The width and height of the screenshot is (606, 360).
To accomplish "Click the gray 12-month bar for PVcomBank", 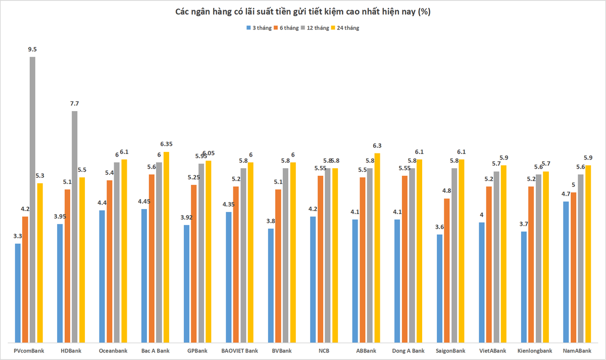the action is pyautogui.click(x=32, y=199).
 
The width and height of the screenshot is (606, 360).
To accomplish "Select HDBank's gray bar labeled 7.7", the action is pyautogui.click(x=75, y=227).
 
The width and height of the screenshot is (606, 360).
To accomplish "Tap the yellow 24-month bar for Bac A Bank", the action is pyautogui.click(x=166, y=247).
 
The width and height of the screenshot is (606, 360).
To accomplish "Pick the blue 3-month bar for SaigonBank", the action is pyautogui.click(x=439, y=289).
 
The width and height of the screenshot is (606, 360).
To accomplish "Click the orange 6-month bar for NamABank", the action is pyautogui.click(x=573, y=268).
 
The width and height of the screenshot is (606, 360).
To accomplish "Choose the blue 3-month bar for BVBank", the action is pyautogui.click(x=271, y=286).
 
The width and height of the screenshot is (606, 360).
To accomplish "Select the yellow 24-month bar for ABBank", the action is pyautogui.click(x=377, y=248).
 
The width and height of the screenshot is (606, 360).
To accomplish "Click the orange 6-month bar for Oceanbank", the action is pyautogui.click(x=110, y=262).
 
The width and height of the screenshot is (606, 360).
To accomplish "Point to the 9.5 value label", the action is pyautogui.click(x=32, y=49).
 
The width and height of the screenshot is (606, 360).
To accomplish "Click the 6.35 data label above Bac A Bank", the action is pyautogui.click(x=166, y=144).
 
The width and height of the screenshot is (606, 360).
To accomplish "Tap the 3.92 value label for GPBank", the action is pyautogui.click(x=186, y=218).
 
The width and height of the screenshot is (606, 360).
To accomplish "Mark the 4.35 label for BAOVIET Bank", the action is pyautogui.click(x=229, y=204).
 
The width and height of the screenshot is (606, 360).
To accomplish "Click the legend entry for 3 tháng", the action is pyautogui.click(x=259, y=28).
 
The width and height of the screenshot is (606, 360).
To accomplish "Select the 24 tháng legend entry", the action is pyautogui.click(x=345, y=28).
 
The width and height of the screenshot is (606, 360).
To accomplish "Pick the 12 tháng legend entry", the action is pyautogui.click(x=315, y=28).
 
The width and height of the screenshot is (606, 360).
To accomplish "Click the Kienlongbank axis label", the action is pyautogui.click(x=535, y=351).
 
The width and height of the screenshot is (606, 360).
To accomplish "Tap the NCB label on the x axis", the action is pyautogui.click(x=324, y=351).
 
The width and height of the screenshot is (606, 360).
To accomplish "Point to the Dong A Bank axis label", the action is pyautogui.click(x=408, y=351).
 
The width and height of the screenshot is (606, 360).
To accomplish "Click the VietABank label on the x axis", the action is pyautogui.click(x=493, y=351).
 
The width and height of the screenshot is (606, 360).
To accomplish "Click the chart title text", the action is pyautogui.click(x=302, y=12).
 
